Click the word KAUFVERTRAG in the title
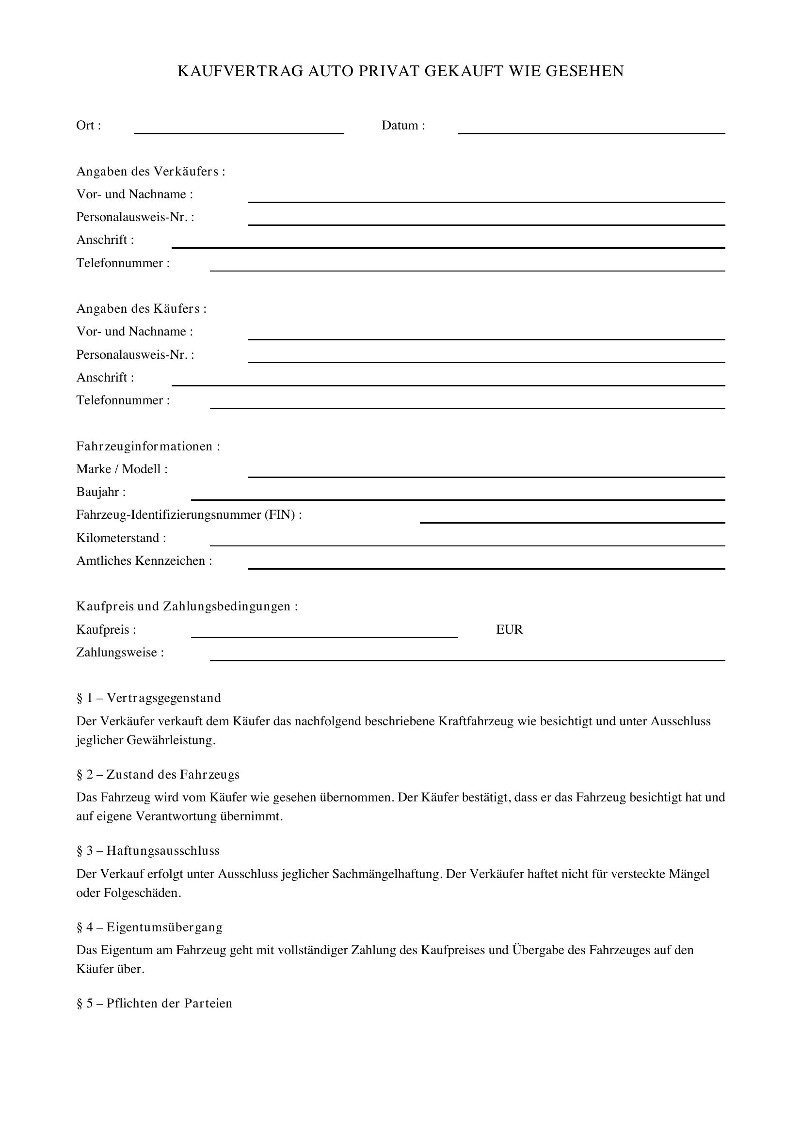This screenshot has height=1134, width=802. pos(241,71)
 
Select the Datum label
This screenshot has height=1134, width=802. pos(403,126)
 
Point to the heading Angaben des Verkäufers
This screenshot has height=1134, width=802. pos(151,171)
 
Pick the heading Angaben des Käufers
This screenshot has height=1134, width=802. pos(141,309)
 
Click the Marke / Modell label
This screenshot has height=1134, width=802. pos(122,469)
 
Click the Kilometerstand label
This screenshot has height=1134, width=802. pos(121,538)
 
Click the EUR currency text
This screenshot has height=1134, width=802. pos(509,629)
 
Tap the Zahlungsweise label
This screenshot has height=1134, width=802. pos(120,653)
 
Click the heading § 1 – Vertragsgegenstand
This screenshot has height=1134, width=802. pos(149,698)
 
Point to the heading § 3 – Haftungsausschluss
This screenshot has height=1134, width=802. pos(148,850)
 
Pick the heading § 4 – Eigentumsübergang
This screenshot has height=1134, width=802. pos(150,927)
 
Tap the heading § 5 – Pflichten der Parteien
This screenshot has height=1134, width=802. pos(154,1003)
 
